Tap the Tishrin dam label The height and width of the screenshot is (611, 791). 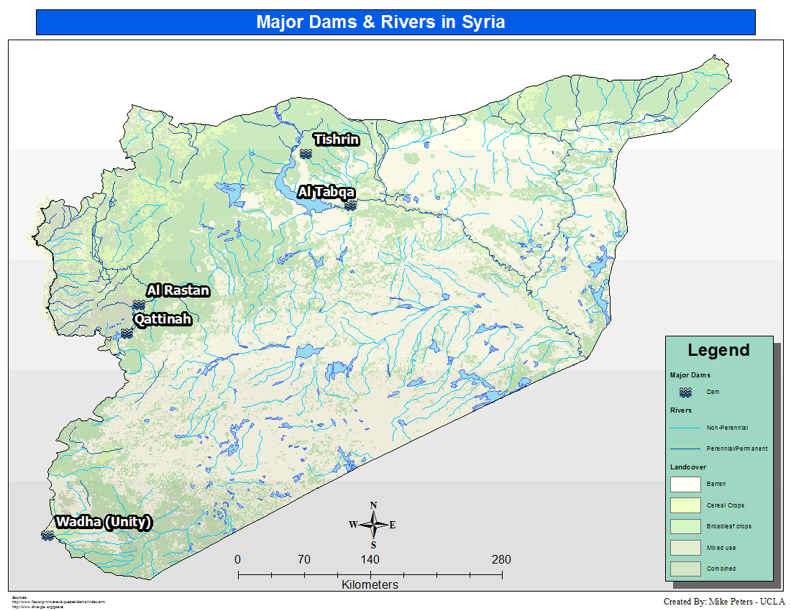336,139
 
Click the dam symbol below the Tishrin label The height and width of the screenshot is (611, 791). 306,153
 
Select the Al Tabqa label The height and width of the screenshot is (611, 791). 326,192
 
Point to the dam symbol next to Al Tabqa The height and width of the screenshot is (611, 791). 350,205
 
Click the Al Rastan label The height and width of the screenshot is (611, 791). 178,290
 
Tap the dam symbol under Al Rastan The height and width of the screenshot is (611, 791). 139,305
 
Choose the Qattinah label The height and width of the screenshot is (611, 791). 163,319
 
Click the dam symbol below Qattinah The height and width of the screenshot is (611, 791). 127,333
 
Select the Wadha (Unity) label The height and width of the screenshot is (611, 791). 104,523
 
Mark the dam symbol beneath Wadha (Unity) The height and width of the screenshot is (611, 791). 47,536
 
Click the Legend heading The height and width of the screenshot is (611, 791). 718,351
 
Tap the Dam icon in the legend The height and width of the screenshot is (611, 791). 686,392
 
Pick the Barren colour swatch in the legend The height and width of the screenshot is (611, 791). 685,484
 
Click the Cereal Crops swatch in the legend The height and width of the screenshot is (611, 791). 685,505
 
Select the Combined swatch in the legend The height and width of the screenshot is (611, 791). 685,569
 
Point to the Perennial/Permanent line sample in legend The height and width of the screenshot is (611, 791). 685,449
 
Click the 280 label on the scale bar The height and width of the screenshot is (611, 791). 501,560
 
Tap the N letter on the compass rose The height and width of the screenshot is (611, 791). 373,505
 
